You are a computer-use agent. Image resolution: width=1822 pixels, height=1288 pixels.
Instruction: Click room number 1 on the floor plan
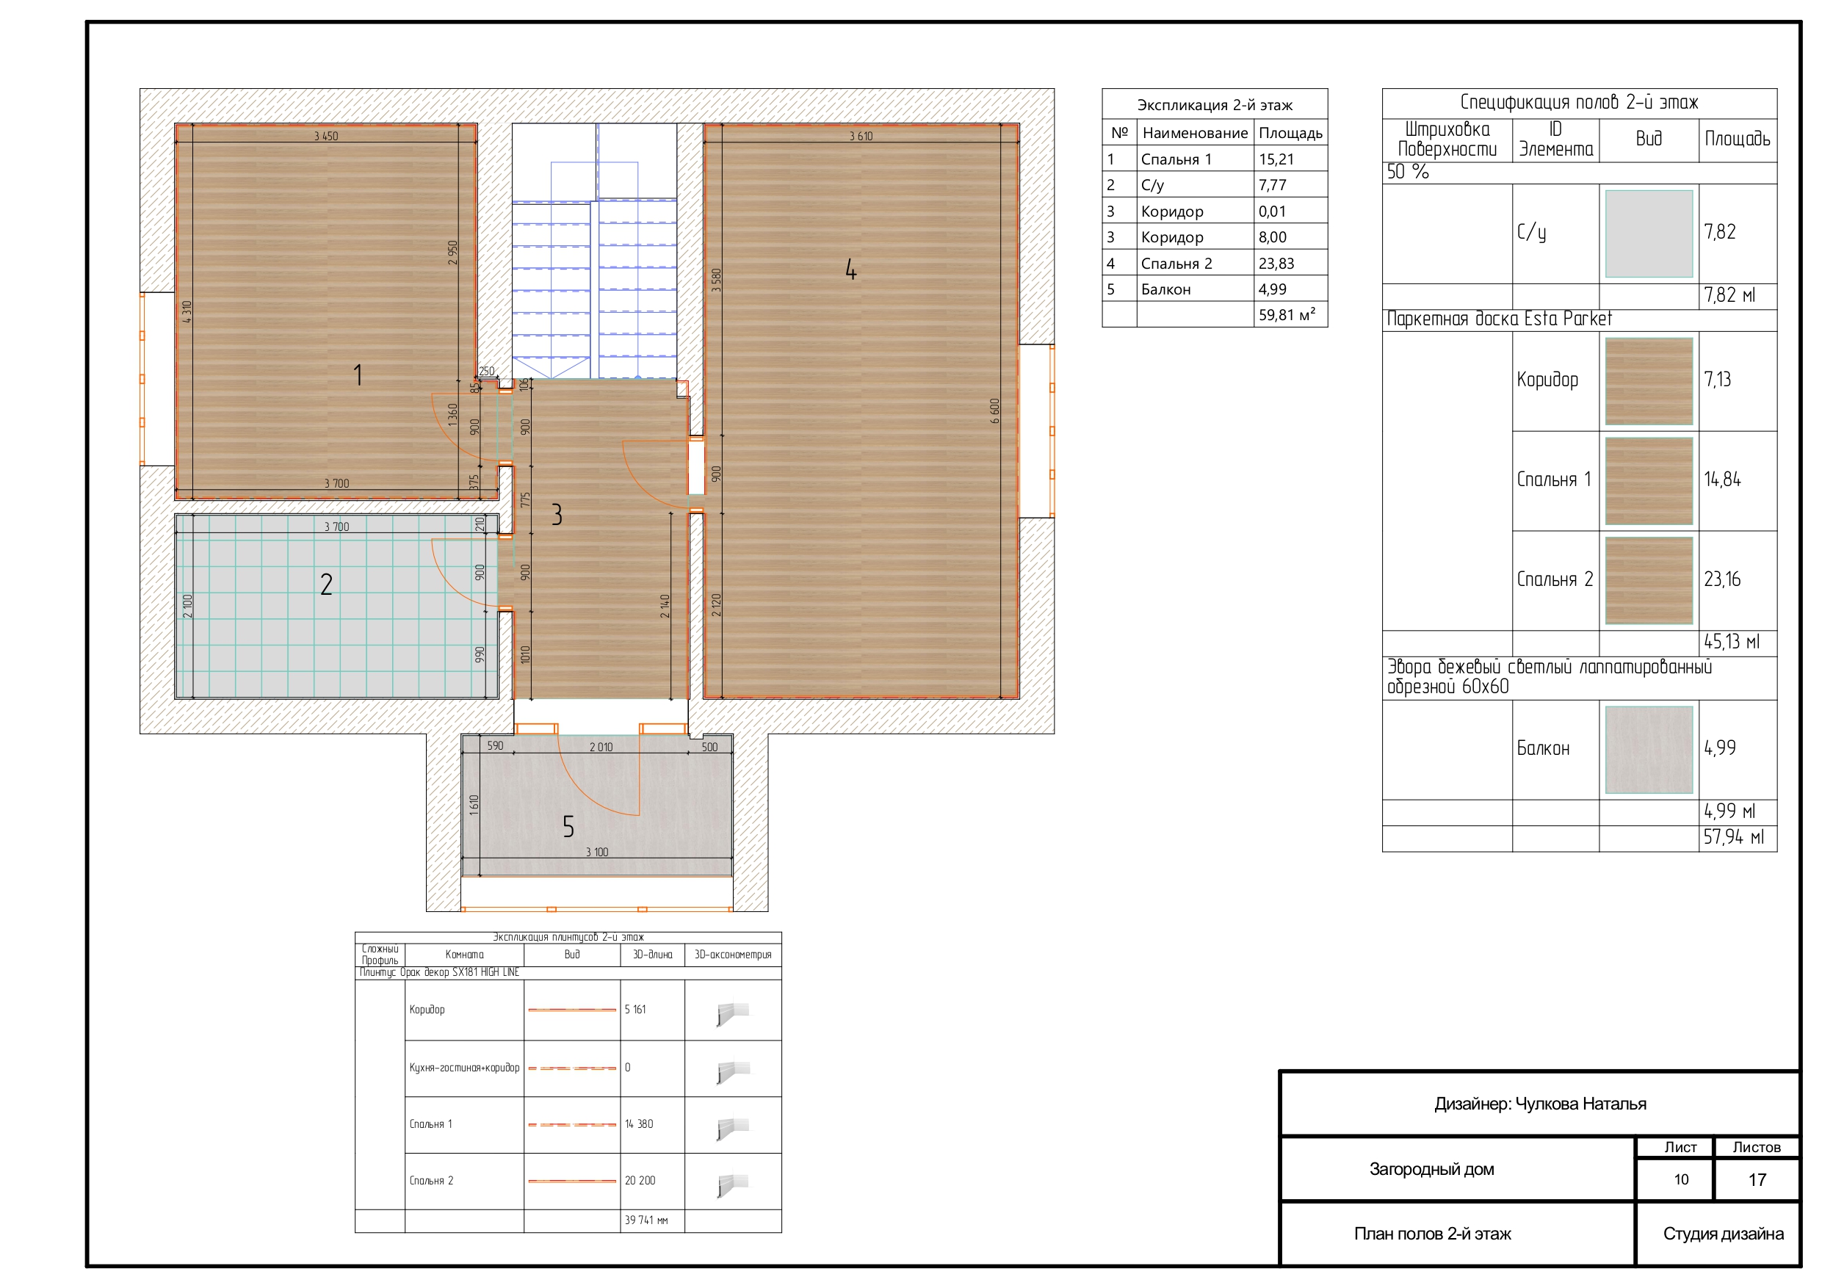pyautogui.click(x=358, y=375)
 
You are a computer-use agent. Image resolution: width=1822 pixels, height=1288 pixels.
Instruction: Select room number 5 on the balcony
pyautogui.click(x=568, y=827)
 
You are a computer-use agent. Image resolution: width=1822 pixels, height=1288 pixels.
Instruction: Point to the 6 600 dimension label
pyautogui.click(x=995, y=411)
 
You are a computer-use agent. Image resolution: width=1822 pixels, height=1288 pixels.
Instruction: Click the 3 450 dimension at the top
pyautogui.click(x=326, y=137)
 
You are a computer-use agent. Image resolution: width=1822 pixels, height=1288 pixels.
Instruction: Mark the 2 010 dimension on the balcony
pyautogui.click(x=601, y=747)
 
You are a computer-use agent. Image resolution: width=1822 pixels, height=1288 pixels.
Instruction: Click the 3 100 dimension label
pyautogui.click(x=597, y=853)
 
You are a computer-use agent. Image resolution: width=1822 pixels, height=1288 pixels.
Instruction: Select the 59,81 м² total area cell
pyautogui.click(x=1287, y=315)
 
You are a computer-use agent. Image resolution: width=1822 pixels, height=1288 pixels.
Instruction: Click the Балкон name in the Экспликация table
pyautogui.click(x=1165, y=289)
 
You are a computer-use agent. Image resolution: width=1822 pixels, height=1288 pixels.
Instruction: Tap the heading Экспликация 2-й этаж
pyautogui.click(x=1215, y=105)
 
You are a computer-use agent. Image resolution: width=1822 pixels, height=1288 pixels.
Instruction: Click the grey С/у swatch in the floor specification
pyautogui.click(x=1649, y=234)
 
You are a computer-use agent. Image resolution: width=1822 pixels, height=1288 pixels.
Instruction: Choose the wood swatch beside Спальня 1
pyautogui.click(x=1649, y=481)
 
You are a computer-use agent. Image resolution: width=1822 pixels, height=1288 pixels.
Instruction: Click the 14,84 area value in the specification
pyautogui.click(x=1722, y=480)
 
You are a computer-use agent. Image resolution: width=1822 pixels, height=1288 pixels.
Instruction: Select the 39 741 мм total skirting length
pyautogui.click(x=646, y=1220)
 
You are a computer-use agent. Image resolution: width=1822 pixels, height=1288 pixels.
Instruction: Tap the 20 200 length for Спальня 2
pyautogui.click(x=640, y=1180)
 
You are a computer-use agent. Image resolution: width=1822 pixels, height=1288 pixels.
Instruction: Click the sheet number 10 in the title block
pyautogui.click(x=1681, y=1179)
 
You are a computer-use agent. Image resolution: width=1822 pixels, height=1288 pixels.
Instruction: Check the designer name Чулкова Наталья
pyautogui.click(x=1581, y=1104)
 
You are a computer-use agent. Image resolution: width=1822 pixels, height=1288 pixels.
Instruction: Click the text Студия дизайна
pyautogui.click(x=1724, y=1234)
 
